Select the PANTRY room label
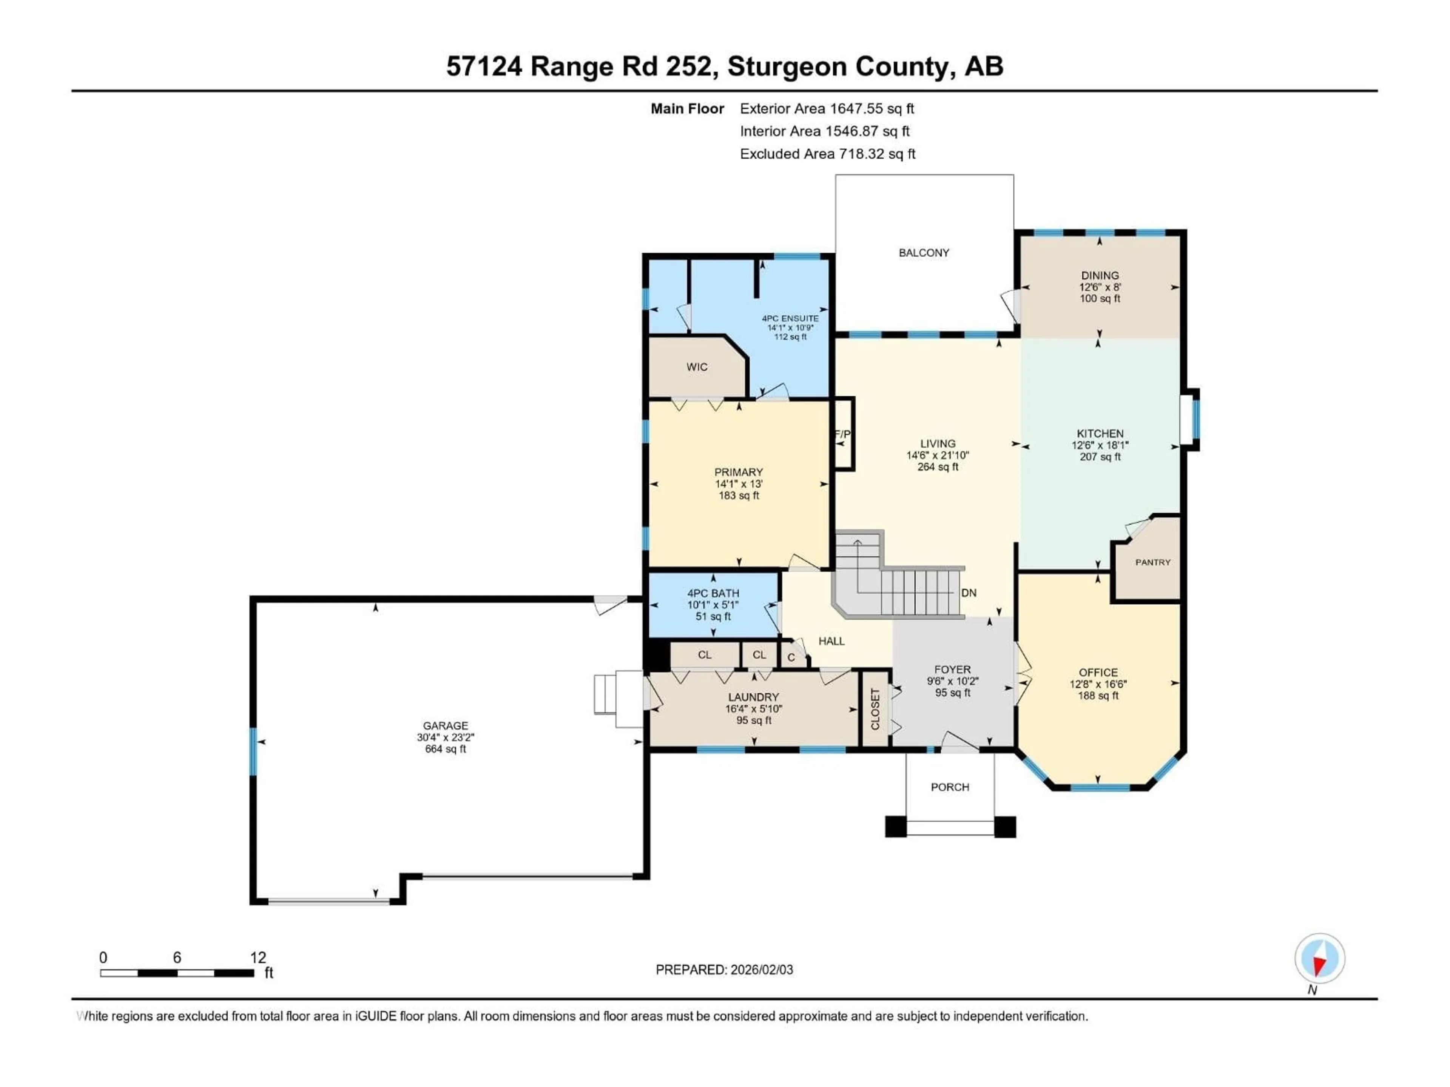click(x=1152, y=562)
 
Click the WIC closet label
click(x=697, y=367)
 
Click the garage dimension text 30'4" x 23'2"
click(x=445, y=737)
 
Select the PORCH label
click(x=950, y=787)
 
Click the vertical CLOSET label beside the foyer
click(x=875, y=709)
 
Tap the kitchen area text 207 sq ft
click(x=1100, y=457)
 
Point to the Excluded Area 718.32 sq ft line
click(x=827, y=154)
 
